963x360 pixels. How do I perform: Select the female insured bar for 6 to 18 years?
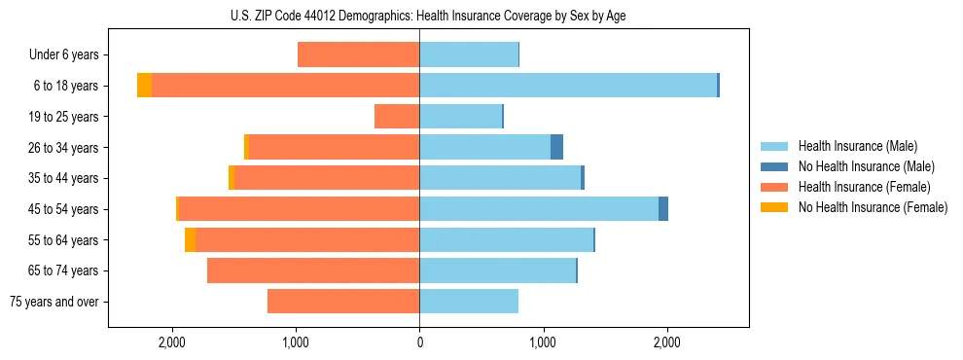tap(285, 86)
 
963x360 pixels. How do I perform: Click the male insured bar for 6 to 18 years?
tap(568, 86)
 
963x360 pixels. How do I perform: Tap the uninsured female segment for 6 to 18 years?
tap(144, 86)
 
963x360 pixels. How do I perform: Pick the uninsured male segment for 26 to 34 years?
tap(556, 147)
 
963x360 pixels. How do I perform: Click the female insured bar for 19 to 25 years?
tap(397, 117)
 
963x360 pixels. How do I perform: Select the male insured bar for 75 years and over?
tap(469, 302)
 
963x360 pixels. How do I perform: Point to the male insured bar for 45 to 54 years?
tap(539, 209)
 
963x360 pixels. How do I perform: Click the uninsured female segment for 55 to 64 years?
tap(190, 240)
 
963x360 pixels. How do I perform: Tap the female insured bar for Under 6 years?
tap(358, 54)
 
